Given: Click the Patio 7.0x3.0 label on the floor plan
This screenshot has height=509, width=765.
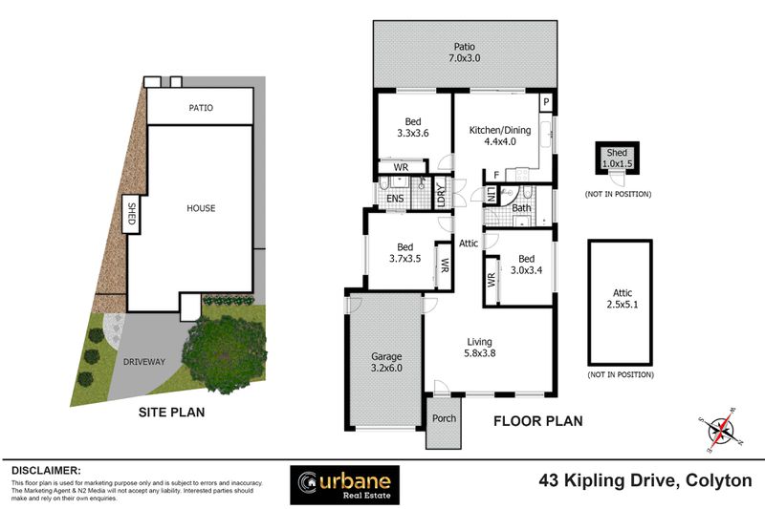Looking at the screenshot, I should pos(464,53).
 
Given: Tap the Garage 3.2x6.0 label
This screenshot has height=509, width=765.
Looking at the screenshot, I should pos(385,361).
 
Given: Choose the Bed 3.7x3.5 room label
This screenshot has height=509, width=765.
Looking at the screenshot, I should pos(403,252).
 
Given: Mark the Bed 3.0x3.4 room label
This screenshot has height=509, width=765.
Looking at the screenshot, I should pos(526,265).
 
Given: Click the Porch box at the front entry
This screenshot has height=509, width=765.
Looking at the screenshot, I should pos(443,417).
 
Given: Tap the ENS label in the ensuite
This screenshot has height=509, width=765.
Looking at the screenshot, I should pos(394,198).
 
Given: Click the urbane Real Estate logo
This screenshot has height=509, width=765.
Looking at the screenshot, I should pos(345,482).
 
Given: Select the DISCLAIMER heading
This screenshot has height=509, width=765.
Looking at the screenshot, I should pos(46,470).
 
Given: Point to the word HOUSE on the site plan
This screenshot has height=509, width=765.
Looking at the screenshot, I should pos(200,208).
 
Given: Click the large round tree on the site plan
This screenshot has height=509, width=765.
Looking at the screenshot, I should pos(226,352).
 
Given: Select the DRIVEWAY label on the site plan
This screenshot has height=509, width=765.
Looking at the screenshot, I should pos(144,362).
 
